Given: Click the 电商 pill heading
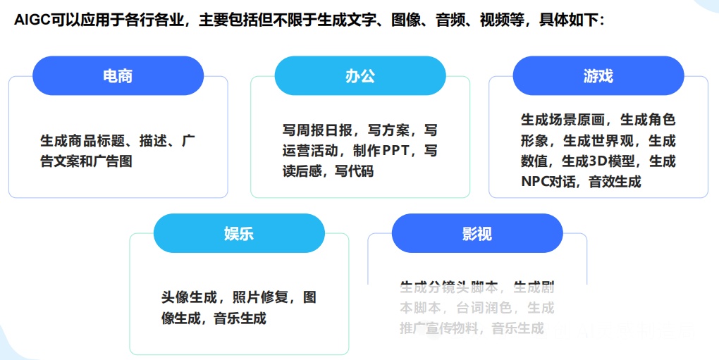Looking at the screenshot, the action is [x=118, y=76].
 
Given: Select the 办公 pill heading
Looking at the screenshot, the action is [x=359, y=76].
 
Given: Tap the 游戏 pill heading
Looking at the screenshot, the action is [x=598, y=76].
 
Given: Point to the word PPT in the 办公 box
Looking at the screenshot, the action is [x=405, y=151].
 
